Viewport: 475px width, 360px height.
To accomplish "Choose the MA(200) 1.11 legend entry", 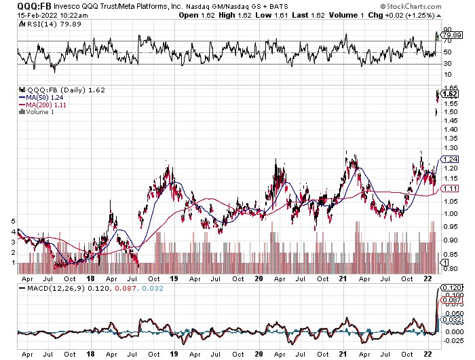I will (x=44, y=103).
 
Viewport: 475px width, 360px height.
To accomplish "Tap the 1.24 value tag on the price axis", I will (x=449, y=159).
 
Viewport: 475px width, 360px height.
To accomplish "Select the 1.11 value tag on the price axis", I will (x=449, y=188).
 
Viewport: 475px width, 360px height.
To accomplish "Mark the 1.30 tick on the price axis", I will (x=449, y=147).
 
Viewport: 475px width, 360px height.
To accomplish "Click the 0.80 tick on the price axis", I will (x=449, y=269).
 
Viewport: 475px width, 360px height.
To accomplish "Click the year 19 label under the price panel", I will (x=174, y=278).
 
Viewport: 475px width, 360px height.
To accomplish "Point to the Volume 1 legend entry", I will (x=38, y=111).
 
